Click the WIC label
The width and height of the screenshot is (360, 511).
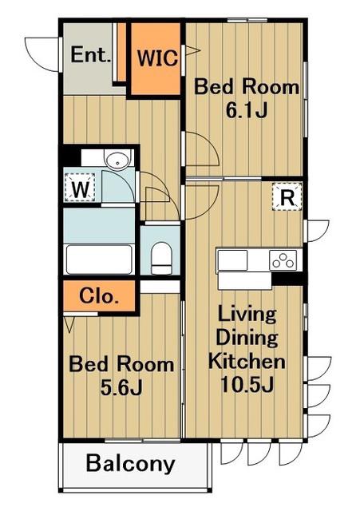pyautogui.click(x=158, y=58)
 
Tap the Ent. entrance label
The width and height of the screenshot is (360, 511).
pyautogui.click(x=90, y=55)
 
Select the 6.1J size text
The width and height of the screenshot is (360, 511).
pyautogui.click(x=247, y=110)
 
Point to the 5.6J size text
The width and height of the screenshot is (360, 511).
pyautogui.click(x=121, y=387)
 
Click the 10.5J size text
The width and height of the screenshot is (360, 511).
pyautogui.click(x=247, y=385)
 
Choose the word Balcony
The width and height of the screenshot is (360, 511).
pyautogui.click(x=131, y=463)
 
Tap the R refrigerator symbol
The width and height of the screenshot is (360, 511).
pyautogui.click(x=287, y=196)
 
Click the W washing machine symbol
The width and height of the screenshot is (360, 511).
pyautogui.click(x=80, y=187)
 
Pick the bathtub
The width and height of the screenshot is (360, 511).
pyautogui.click(x=99, y=259)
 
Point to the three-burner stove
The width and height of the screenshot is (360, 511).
pyautogui.click(x=283, y=259)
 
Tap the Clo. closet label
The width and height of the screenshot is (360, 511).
pyautogui.click(x=98, y=296)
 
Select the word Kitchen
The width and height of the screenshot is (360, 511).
pyautogui.click(x=247, y=361)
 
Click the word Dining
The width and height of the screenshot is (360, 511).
pyautogui.click(x=247, y=338)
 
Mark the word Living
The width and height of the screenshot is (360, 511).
pyautogui.click(x=247, y=315)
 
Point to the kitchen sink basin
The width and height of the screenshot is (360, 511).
pyautogui.click(x=232, y=259)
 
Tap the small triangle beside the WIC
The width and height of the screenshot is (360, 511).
pyautogui.click(x=192, y=51)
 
